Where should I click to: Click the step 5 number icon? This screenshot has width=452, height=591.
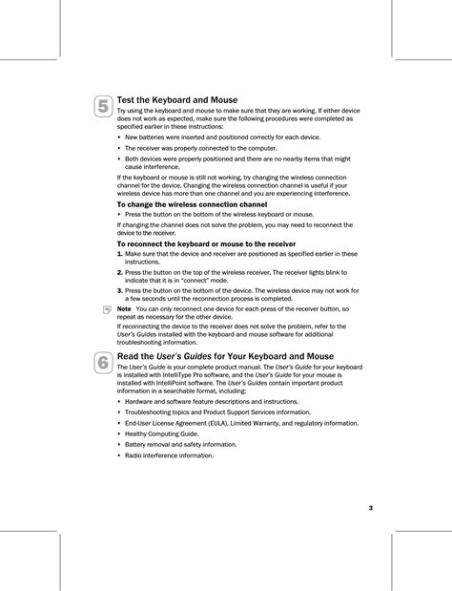coord(102,107)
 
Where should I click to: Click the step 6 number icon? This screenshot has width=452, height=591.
coord(102,363)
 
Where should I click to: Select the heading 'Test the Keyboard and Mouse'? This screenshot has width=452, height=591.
coord(176,99)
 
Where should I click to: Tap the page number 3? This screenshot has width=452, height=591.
coord(370,506)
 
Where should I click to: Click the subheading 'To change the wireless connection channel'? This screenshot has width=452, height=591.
coord(191,204)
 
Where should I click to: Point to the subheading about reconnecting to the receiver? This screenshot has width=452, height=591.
coord(205,243)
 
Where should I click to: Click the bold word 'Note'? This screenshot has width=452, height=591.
coord(123,309)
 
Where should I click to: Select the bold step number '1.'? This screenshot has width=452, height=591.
coord(120,254)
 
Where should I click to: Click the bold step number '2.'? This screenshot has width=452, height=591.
coord(120,272)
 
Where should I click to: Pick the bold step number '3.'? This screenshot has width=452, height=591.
coord(120,289)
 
